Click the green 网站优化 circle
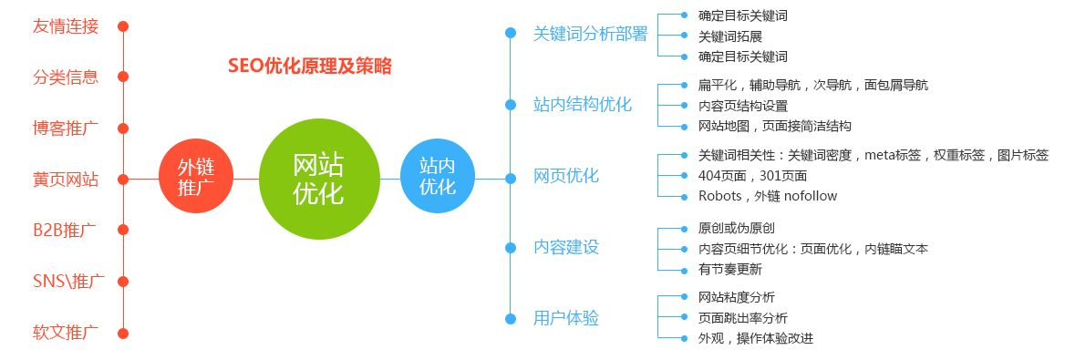click(318, 179)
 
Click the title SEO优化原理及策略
click(309, 67)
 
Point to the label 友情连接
click(65, 26)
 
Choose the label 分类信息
click(65, 77)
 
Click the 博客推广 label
click(65, 128)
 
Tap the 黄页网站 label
click(65, 179)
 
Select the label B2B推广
click(65, 230)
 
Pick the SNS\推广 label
click(65, 281)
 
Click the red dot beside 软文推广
click(123, 332)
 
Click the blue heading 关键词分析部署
click(590, 34)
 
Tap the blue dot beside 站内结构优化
click(511, 104)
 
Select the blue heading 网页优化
click(566, 176)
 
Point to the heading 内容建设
click(566, 247)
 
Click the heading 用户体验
click(566, 318)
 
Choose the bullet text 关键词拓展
click(729, 36)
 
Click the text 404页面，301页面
click(752, 175)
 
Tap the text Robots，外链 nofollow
click(767, 195)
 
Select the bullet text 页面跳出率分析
click(742, 318)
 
